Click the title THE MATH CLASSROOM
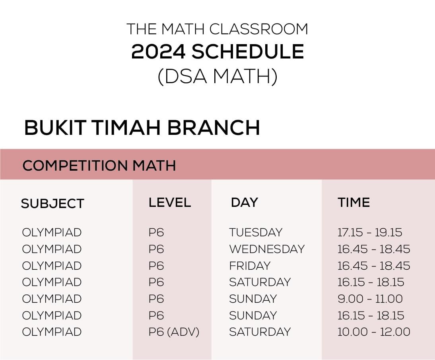click(217, 29)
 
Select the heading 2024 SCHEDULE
click(217, 52)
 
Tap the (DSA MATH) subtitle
click(217, 76)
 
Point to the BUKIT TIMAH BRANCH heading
click(142, 128)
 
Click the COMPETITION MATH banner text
click(99, 165)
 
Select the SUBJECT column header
click(52, 203)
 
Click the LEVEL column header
click(170, 202)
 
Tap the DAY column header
click(244, 202)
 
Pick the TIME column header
click(354, 202)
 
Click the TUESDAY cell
click(256, 232)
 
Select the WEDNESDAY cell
click(267, 249)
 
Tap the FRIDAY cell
click(250, 266)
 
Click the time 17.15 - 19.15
click(370, 232)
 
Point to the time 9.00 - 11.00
click(370, 299)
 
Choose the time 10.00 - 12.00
click(374, 332)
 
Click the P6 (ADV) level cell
click(174, 332)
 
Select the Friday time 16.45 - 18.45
click(374, 266)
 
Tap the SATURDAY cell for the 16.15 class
click(260, 282)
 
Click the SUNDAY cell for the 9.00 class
click(253, 299)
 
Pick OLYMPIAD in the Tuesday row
click(52, 232)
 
